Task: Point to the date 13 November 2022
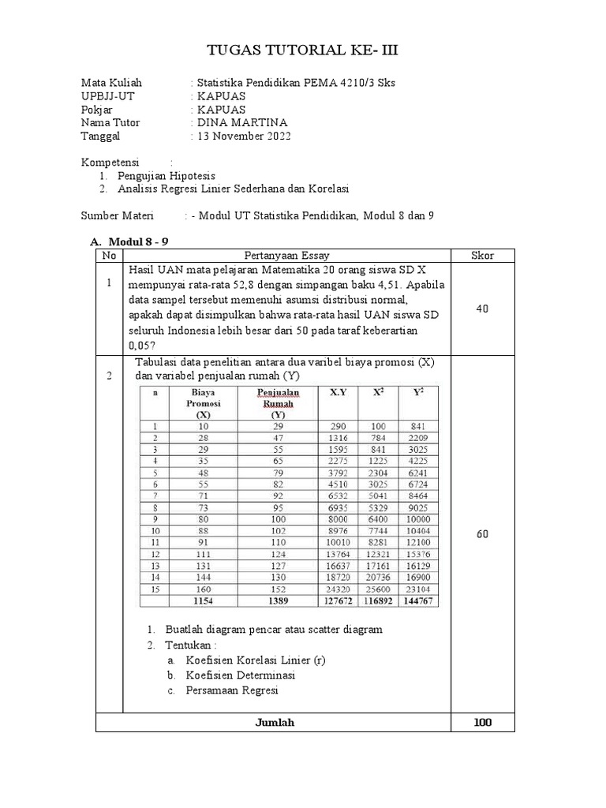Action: (x=244, y=136)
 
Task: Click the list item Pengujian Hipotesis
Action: (x=166, y=175)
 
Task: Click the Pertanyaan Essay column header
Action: (x=287, y=256)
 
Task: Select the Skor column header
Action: (x=482, y=256)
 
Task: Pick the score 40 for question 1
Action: (x=482, y=309)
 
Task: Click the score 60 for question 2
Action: (x=482, y=534)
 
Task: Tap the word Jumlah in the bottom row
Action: (x=275, y=723)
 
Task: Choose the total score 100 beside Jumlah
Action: (x=482, y=723)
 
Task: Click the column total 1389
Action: (x=278, y=601)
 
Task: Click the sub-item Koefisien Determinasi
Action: (x=240, y=675)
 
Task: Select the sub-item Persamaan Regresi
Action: (x=232, y=690)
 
